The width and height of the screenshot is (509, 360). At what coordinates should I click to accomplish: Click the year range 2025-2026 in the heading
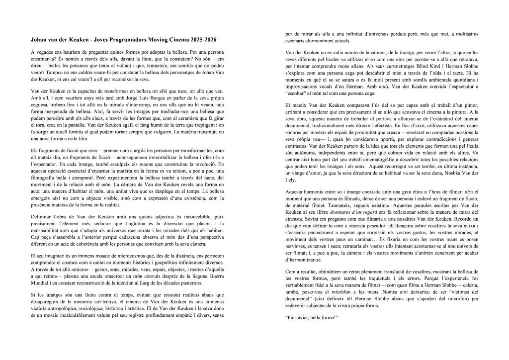point(200,39)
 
